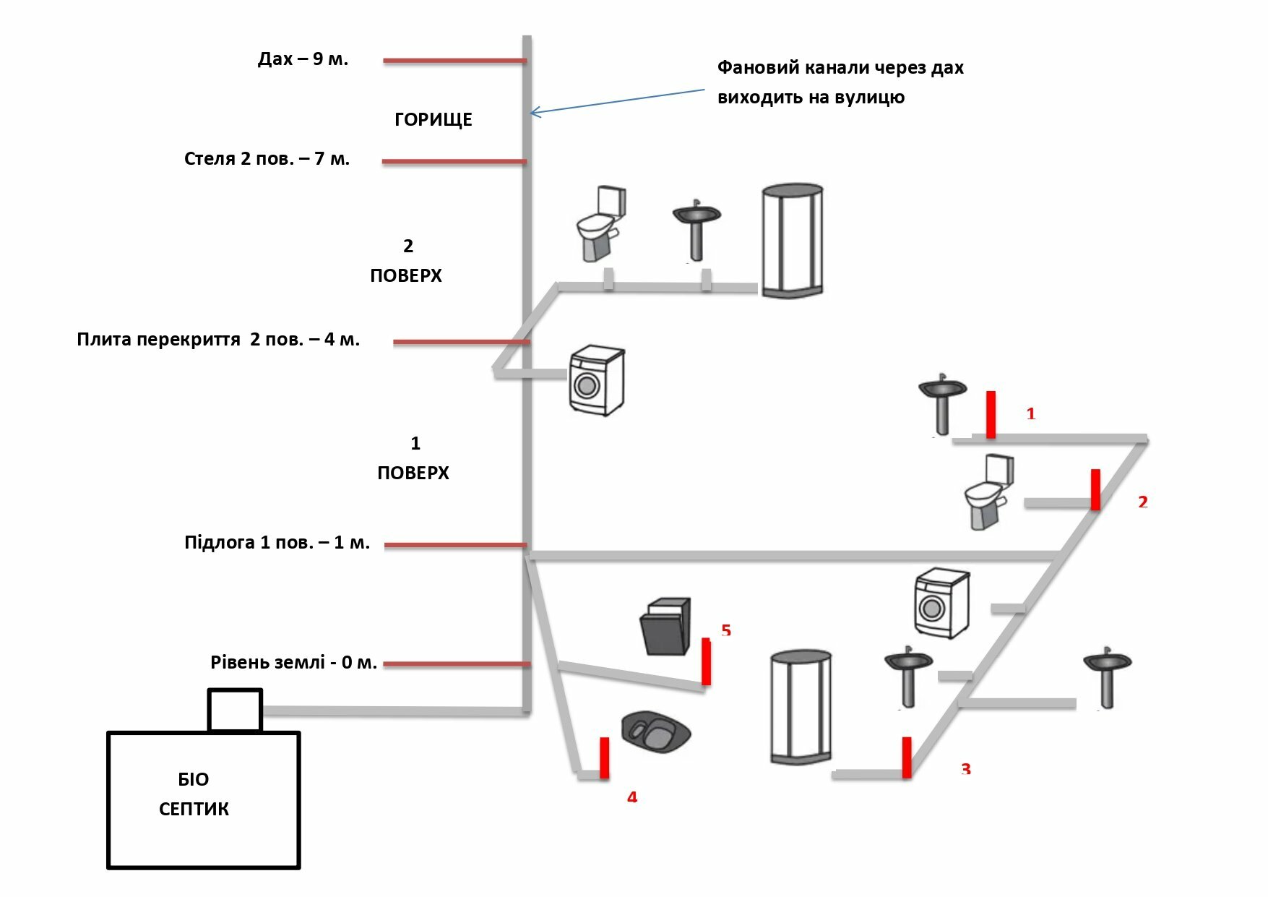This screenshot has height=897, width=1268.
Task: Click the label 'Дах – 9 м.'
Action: (303, 59)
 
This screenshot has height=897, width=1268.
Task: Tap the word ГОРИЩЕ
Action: (433, 120)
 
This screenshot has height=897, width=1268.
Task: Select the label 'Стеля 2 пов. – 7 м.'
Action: (267, 159)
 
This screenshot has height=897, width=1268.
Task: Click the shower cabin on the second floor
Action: (793, 240)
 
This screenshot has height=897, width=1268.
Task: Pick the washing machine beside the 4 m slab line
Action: (597, 380)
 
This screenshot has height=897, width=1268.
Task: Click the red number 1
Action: (1031, 414)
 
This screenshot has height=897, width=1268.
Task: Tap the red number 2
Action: (1143, 502)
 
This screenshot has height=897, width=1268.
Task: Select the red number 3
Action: (966, 768)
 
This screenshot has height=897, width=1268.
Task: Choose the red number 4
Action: (632, 797)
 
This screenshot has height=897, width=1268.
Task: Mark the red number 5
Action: (726, 630)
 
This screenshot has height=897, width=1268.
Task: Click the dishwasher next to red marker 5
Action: (665, 626)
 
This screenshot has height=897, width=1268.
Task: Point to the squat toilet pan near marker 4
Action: (655, 731)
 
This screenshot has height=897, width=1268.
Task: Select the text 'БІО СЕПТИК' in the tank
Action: (194, 794)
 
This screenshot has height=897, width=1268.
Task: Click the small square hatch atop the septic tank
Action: (235, 710)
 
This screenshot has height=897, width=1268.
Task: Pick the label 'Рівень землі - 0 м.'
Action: (293, 662)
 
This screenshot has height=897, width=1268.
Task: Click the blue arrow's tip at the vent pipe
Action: (532, 113)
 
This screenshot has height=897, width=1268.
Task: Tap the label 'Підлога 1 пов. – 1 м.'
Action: (277, 543)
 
